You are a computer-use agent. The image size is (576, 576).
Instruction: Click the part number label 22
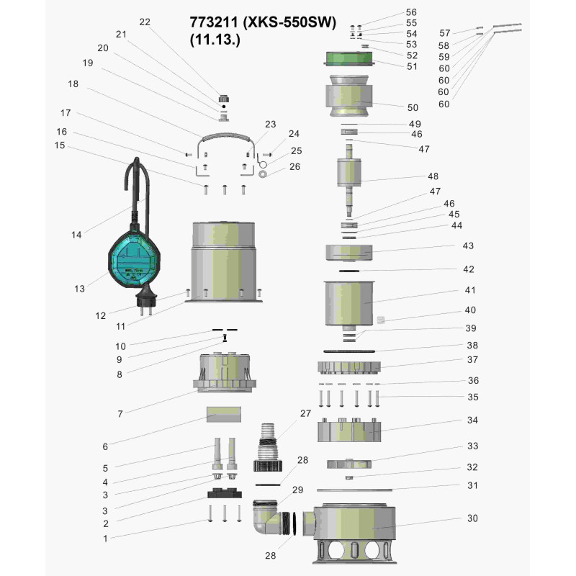(x=145, y=22)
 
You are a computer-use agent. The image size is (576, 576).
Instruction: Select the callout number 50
(x=413, y=107)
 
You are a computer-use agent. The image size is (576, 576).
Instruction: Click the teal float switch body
(x=135, y=258)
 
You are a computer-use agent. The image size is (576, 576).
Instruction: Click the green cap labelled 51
(x=349, y=59)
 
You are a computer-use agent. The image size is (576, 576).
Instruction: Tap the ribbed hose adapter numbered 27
(x=268, y=447)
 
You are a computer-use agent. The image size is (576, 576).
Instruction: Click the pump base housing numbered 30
(x=354, y=533)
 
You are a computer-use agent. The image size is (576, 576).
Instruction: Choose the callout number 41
(x=470, y=290)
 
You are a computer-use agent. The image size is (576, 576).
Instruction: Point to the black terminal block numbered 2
(x=225, y=492)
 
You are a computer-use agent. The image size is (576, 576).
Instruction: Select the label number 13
(x=79, y=289)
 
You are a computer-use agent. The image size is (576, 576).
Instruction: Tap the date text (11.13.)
(x=215, y=40)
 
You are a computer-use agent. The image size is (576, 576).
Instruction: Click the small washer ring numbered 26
(x=263, y=174)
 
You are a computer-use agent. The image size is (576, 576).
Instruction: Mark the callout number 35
(x=473, y=397)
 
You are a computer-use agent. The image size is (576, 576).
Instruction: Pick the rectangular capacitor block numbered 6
(x=224, y=414)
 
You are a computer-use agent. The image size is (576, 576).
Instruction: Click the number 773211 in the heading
(x=213, y=22)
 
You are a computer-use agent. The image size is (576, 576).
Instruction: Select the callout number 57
(x=444, y=33)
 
